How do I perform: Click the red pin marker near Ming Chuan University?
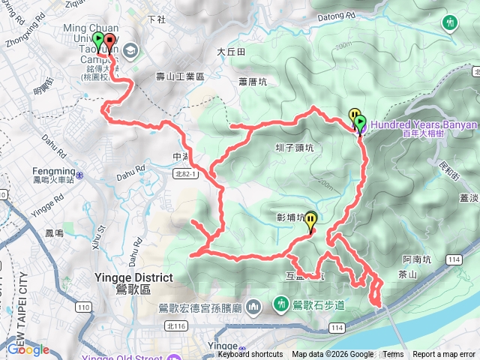109,42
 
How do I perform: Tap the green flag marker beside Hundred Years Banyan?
359,122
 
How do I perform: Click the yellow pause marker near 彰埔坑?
310,220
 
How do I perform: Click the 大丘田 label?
231,52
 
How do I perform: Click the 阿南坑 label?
416,259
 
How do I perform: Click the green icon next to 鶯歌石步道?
281,304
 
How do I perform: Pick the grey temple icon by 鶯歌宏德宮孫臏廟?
254,306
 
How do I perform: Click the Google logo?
28,349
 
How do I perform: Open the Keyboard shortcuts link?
250,355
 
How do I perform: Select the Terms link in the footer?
393,355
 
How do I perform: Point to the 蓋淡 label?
469,198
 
